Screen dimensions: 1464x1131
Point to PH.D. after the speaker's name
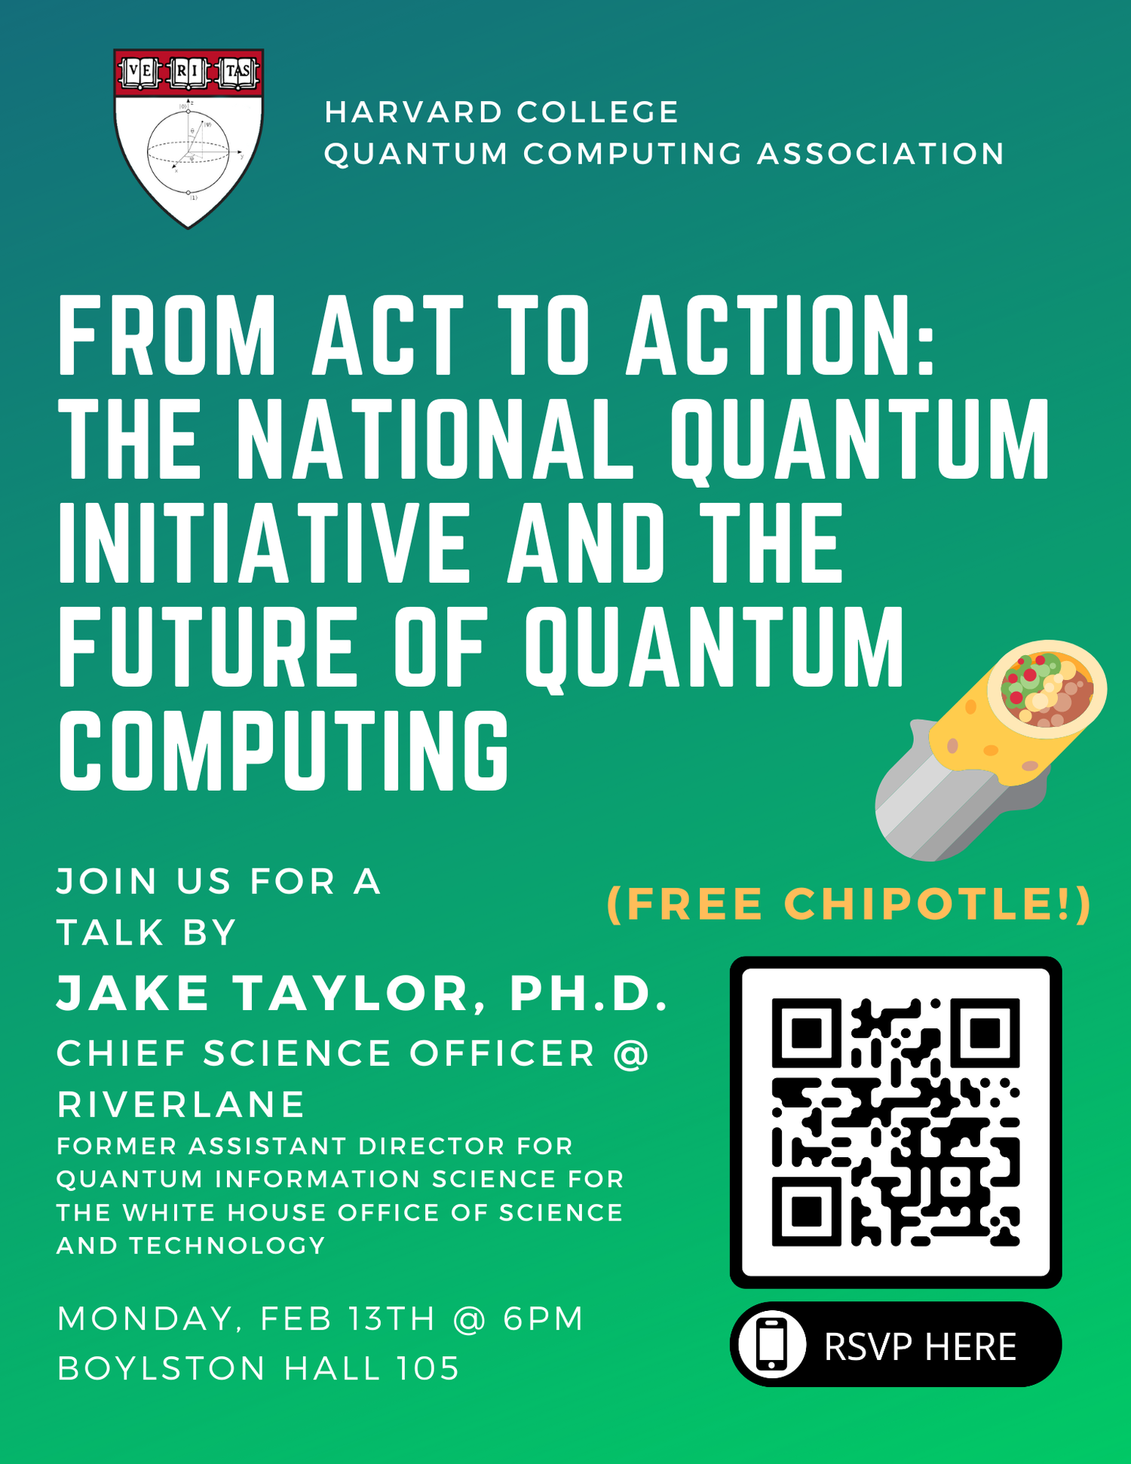(589, 993)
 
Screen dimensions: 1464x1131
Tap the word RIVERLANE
(181, 1104)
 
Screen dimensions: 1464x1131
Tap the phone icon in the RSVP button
(771, 1345)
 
